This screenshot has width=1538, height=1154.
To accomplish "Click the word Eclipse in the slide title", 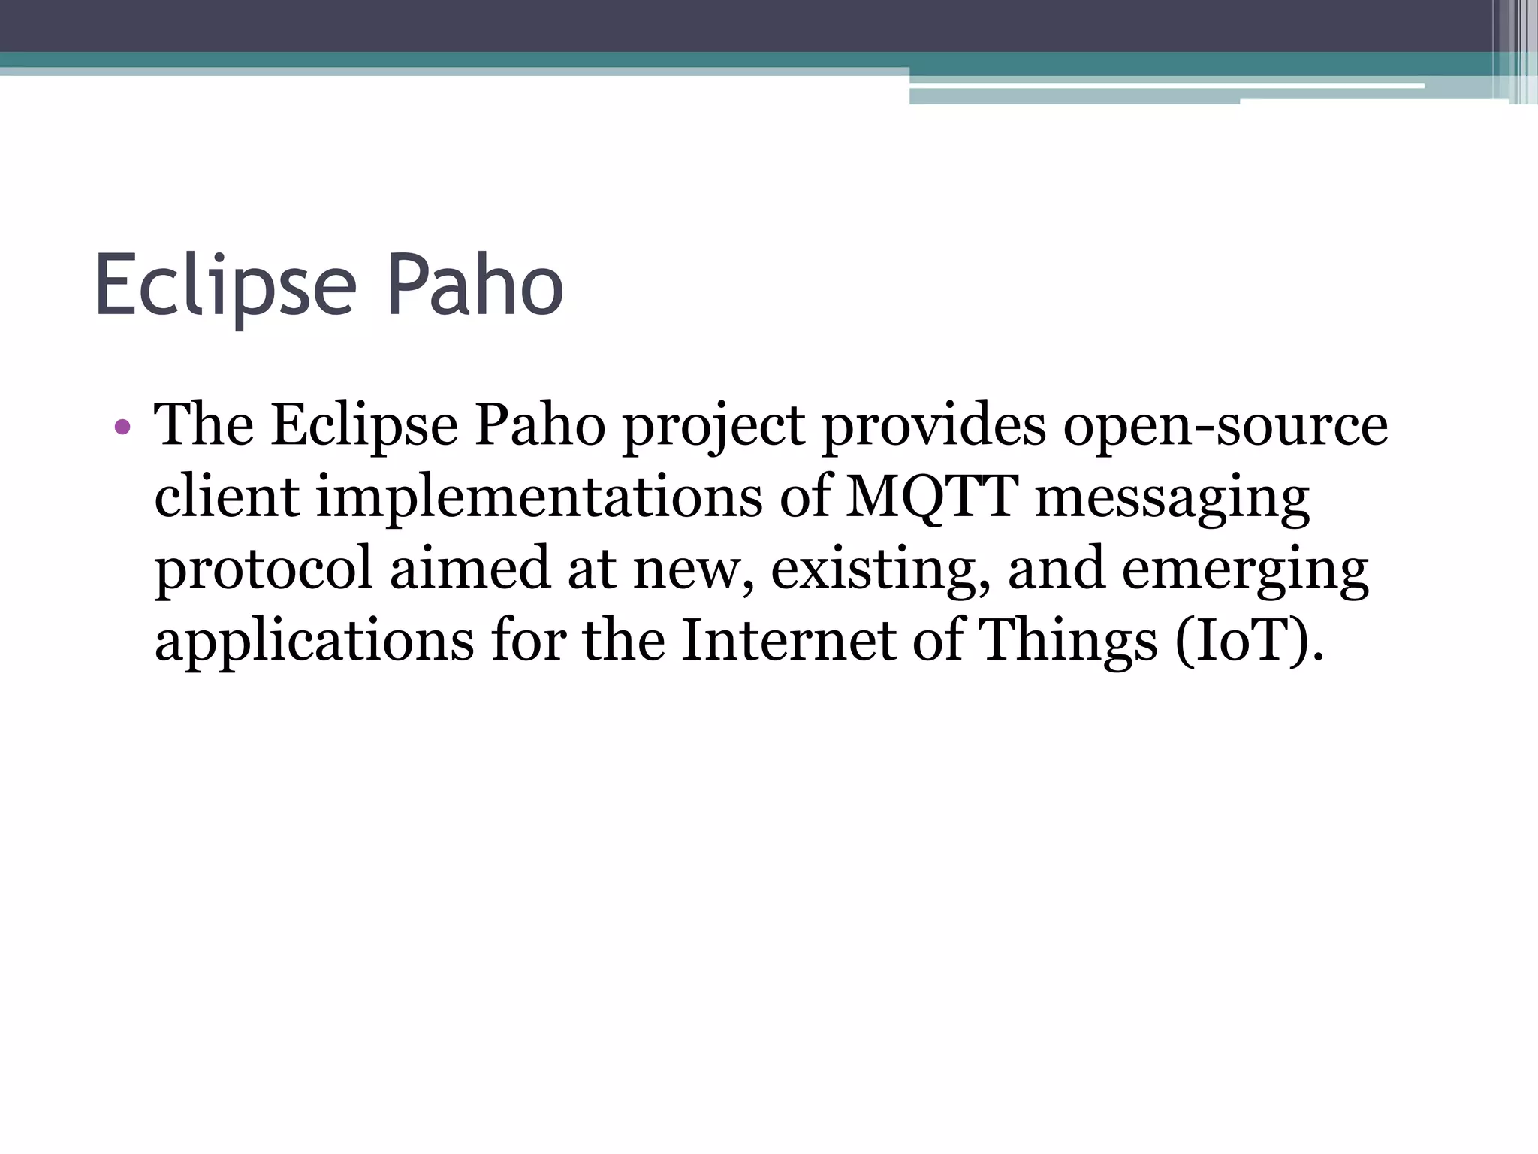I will (225, 287).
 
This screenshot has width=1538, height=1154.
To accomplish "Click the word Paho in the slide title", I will (475, 287).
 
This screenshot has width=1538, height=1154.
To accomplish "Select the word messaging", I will (1172, 500).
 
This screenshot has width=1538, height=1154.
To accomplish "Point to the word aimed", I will (469, 569).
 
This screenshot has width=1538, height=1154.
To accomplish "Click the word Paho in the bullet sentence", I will (540, 427).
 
